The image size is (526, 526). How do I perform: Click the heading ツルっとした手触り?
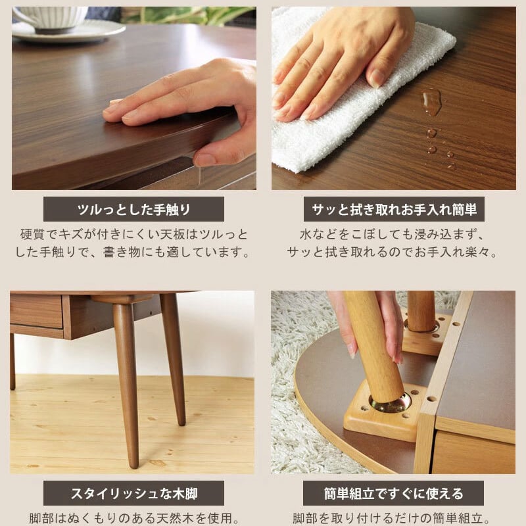pyautogui.click(x=133, y=210)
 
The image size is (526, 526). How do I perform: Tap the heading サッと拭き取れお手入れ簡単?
pyautogui.click(x=394, y=210)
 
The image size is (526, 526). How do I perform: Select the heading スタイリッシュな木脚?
pyautogui.click(x=133, y=493)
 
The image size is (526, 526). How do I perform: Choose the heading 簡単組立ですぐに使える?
pyautogui.click(x=393, y=493)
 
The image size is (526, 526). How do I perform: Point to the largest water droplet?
pyautogui.click(x=431, y=102)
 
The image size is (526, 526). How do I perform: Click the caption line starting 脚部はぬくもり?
pyautogui.click(x=133, y=517)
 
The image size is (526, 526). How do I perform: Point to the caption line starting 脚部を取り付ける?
pyautogui.click(x=393, y=517)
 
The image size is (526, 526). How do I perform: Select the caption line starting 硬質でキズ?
pyautogui.click(x=134, y=235)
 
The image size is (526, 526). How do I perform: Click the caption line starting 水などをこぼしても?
pyautogui.click(x=393, y=235)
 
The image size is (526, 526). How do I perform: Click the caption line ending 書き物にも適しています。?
pyautogui.click(x=134, y=252)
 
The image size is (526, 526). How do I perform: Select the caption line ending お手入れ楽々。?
pyautogui.click(x=393, y=252)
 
